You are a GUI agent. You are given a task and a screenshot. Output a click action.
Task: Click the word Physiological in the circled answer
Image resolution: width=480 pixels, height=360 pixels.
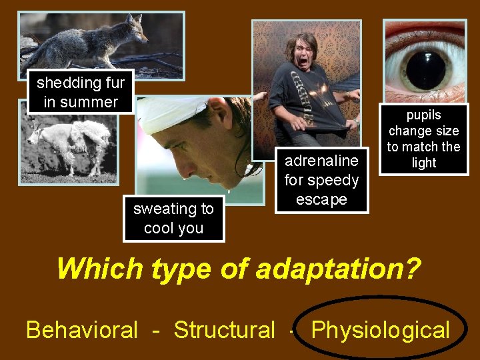tap(381, 330)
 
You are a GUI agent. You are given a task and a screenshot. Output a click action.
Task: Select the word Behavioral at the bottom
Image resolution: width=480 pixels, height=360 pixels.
tap(82, 330)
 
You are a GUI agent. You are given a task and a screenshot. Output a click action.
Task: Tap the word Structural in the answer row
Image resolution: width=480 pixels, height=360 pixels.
tap(224, 330)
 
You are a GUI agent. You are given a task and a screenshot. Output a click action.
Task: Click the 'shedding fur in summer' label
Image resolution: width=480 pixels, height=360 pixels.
tap(81, 93)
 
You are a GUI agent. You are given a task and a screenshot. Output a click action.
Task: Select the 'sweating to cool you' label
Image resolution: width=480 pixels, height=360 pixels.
tap(173, 219)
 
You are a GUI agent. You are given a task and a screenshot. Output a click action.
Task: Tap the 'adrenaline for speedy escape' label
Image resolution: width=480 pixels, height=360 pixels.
tap(321, 180)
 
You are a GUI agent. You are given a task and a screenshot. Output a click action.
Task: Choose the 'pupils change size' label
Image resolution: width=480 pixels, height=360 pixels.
tap(423, 139)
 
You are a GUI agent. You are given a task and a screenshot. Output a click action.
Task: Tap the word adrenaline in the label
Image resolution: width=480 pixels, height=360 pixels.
tap(321, 161)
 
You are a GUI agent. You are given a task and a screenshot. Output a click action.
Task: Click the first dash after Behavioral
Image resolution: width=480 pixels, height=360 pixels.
tap(155, 330)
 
